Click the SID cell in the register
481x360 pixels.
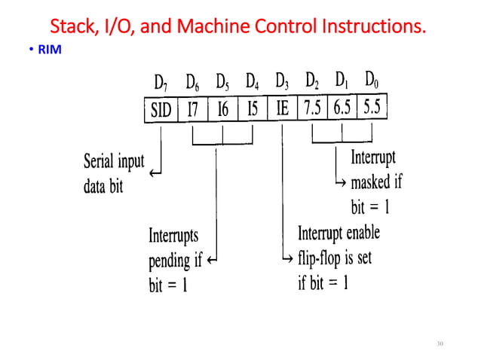[x=161, y=110]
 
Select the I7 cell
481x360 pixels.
[x=193, y=110]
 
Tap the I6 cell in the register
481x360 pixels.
[x=222, y=110]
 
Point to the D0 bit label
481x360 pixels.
[x=372, y=78]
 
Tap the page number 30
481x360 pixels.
[x=441, y=343]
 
